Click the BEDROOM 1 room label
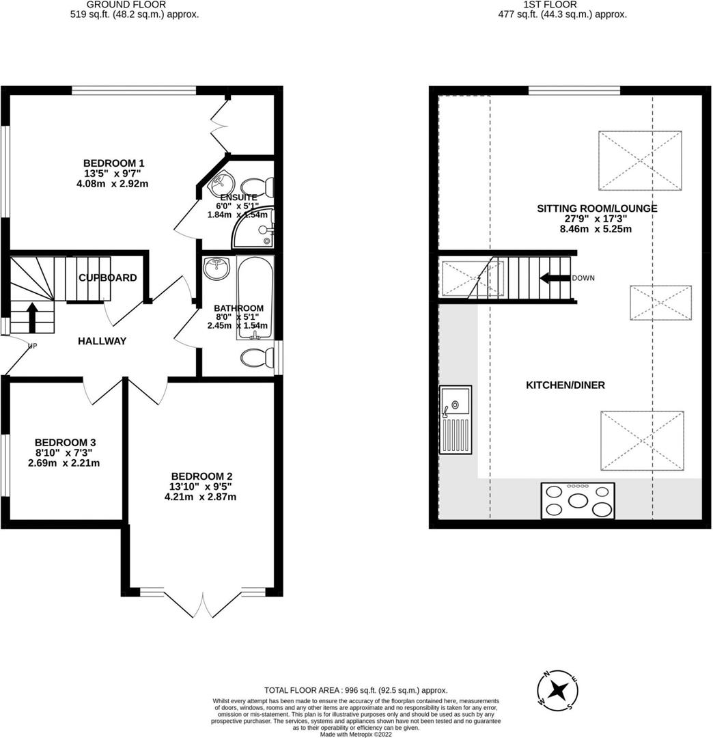[x=113, y=163]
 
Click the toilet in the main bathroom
[x=257, y=357]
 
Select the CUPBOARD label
[x=107, y=278]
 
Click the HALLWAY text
[x=102, y=341]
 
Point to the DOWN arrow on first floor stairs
[x=554, y=278]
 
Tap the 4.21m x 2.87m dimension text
[x=200, y=497]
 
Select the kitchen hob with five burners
[x=578, y=500]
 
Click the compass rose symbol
[x=559, y=689]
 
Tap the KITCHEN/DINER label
[x=555, y=385]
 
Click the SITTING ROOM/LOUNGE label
[x=598, y=208]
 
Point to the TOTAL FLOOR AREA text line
[x=356, y=691]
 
